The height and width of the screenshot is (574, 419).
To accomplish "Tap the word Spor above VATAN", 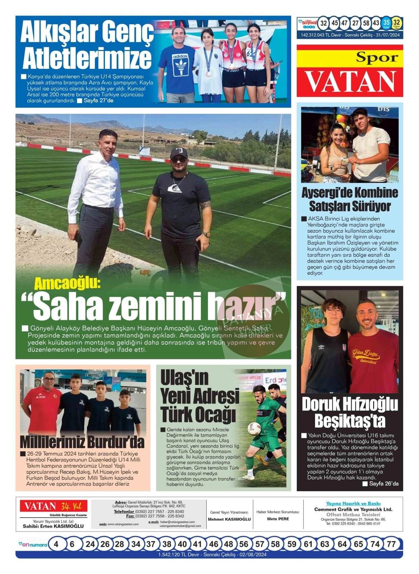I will coord(377,58).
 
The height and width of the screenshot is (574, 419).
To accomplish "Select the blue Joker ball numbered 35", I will coord(386,23).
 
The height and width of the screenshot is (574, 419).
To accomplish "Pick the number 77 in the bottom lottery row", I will coord(391,544).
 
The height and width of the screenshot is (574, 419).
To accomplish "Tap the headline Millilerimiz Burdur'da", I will coord(82,442).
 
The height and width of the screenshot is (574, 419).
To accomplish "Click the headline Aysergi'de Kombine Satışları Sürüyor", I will coord(349,199).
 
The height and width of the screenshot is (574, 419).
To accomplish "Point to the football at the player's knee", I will coord(254,428).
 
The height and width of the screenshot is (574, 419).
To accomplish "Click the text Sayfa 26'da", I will coord(384,484).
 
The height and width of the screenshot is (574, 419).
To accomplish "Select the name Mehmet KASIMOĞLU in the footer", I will coord(229,519).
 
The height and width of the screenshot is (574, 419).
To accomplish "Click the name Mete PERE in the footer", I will coord(278,519).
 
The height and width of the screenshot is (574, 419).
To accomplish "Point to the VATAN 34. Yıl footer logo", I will coord(53,506).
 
